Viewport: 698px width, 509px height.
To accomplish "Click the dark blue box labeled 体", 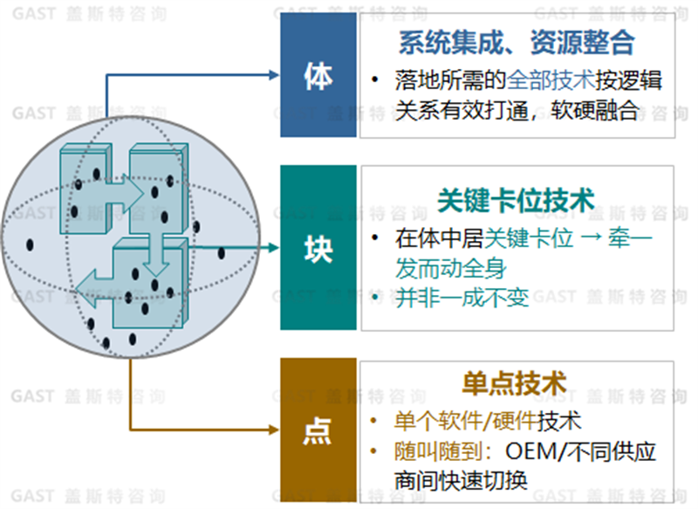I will [318, 75].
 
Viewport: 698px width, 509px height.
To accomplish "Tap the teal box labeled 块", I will [318, 248].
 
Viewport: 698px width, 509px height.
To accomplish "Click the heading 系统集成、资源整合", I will [516, 43].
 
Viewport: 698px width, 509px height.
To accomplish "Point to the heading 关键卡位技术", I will [516, 201].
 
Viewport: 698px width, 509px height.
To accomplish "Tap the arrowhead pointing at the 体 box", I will [273, 75].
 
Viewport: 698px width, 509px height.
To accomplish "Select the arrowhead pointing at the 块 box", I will [273, 248].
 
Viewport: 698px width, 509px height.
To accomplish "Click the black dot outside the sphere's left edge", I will [31, 244].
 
